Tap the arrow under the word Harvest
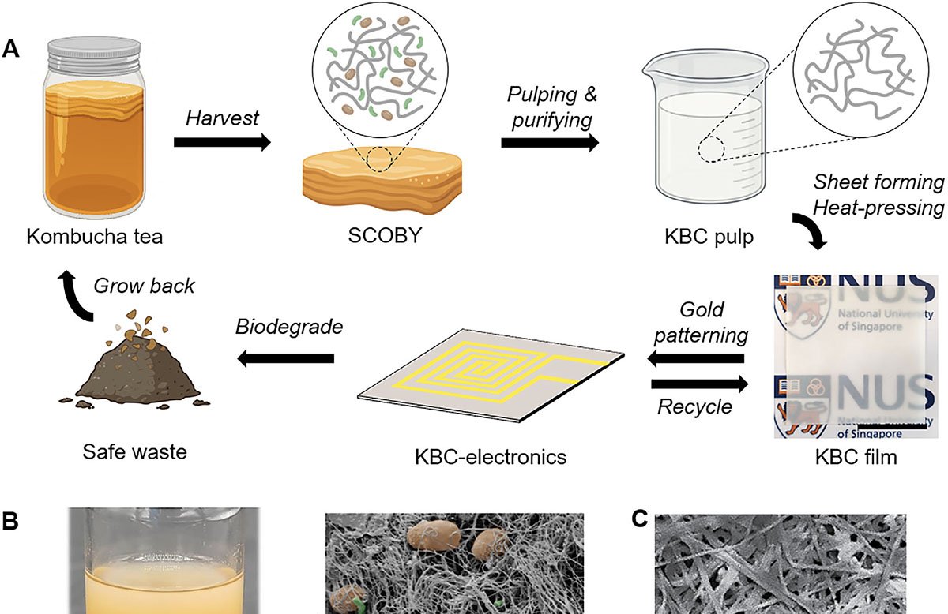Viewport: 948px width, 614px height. tap(222, 143)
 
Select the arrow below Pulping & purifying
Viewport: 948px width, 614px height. tap(550, 143)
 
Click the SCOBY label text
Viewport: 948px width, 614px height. tap(385, 235)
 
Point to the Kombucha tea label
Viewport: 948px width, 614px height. tap(94, 237)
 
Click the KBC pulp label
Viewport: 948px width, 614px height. tap(709, 237)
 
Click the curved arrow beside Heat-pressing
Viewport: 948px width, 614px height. tap(809, 231)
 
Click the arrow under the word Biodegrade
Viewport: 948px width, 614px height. tap(286, 359)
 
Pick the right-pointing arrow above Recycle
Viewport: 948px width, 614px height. tap(700, 384)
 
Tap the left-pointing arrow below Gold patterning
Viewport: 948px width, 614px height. tap(696, 359)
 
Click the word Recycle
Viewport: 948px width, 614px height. tap(694, 406)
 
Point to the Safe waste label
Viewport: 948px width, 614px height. tap(134, 451)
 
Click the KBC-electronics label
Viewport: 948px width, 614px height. tap(491, 457)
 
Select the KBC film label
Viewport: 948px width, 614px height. tap(856, 457)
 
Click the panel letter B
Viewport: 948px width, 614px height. tap(10, 521)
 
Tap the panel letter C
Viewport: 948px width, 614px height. tap(639, 519)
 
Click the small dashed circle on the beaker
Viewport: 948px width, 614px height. tap(712, 150)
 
